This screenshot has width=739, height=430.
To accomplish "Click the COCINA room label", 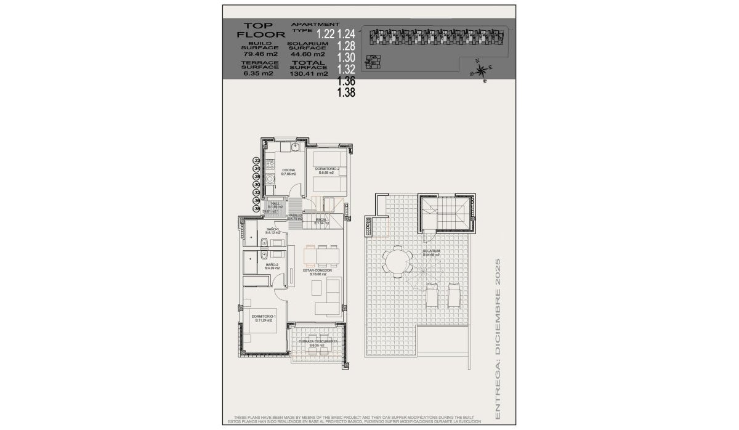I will point(289,170).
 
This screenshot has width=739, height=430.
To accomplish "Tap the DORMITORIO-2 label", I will point(327,169).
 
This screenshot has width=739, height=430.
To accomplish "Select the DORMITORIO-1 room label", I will point(263,317).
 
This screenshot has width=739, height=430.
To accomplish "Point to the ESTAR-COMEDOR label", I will point(317,270).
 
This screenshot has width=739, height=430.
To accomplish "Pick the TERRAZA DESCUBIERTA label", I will point(317,342).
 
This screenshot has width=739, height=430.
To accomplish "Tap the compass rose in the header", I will point(482,69).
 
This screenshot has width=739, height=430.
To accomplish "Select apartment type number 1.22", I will point(325,34).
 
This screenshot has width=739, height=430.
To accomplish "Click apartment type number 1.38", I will point(347,92).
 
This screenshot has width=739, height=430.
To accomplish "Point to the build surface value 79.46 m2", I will point(257,54).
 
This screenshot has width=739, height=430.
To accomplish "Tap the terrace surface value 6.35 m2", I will point(257,73).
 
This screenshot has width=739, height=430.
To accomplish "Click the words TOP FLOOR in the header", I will point(257,30).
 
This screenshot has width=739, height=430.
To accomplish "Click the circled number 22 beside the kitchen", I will point(257,161).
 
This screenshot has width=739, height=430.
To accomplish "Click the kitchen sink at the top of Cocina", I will point(294,148).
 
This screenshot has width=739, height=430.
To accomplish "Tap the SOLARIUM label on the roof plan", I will point(431,252).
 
